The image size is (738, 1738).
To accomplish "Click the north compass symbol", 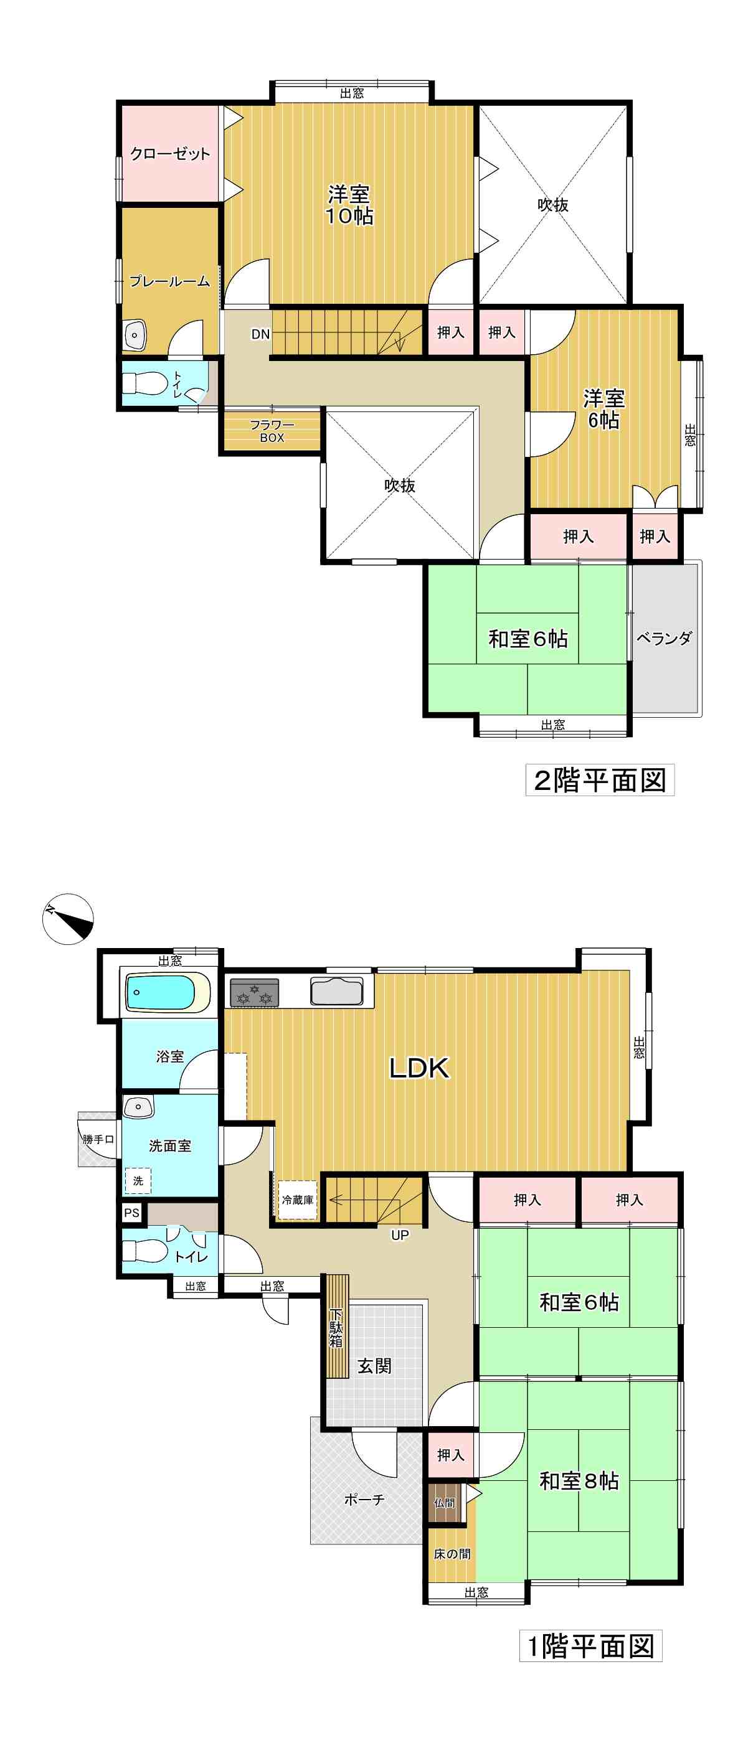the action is pos(67,919).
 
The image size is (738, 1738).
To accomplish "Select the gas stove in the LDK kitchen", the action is pos(255,993).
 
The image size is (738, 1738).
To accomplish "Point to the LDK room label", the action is pos(419,1068).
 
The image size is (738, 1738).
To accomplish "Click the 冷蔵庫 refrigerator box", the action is pos(297,1200).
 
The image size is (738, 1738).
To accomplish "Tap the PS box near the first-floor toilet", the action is pos(131,1213).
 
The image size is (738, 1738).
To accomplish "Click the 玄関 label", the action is pos(374,1366).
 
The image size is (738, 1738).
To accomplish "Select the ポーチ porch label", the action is pos(364,1500).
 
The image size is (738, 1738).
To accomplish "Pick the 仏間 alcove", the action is pos(444,1503).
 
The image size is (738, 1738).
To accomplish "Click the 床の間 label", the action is pos(452,1554).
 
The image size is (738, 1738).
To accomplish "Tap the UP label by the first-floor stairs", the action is pos(400,1236).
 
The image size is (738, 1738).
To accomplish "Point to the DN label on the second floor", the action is pos(260,334).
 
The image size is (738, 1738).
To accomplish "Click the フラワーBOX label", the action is pos(272,431).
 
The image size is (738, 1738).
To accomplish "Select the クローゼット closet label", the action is pos(170,154).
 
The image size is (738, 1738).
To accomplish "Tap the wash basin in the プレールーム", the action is pos(136,336).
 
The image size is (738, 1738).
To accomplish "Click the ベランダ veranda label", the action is pos(665,637).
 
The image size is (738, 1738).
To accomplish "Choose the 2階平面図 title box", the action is pos(600,781).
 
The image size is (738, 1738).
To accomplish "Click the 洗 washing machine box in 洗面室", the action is pos(138,1181).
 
